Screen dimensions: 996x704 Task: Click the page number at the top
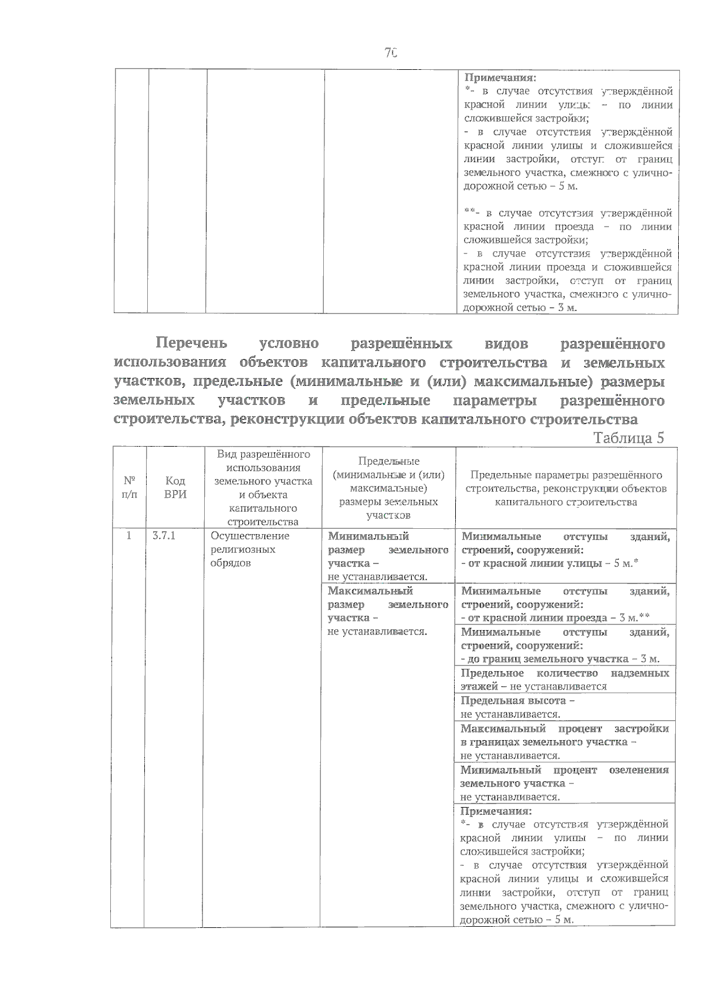pyautogui.click(x=391, y=53)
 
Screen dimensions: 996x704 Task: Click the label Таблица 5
pyautogui.click(x=628, y=438)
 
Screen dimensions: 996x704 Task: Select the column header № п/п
pyautogui.click(x=130, y=487)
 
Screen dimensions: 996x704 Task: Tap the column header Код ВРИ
pyautogui.click(x=175, y=487)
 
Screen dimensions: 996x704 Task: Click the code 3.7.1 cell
pyautogui.click(x=164, y=536)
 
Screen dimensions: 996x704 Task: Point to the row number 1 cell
pyautogui.click(x=128, y=536)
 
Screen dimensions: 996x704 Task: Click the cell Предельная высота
pyautogui.click(x=564, y=707)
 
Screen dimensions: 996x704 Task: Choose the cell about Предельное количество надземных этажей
pyautogui.click(x=564, y=680)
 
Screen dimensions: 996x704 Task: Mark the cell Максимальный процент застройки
pyautogui.click(x=564, y=742)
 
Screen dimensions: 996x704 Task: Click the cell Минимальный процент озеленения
pyautogui.click(x=564, y=783)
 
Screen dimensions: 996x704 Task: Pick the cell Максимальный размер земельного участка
pyautogui.click(x=388, y=610)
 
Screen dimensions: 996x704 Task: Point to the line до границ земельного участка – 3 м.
pyautogui.click(x=560, y=659)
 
